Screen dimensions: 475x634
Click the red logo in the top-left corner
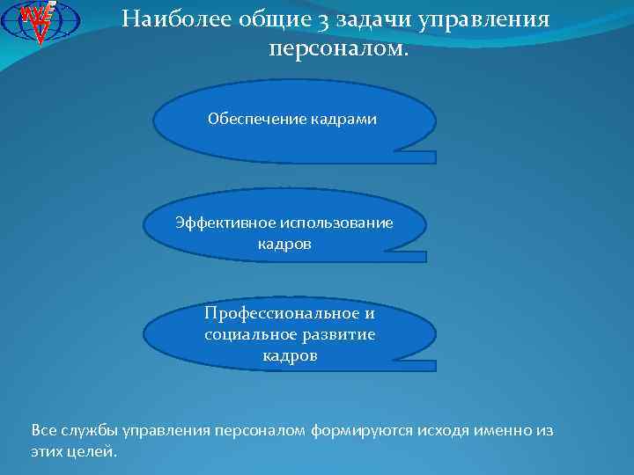pos(41,21)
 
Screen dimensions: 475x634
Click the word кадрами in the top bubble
pos(343,119)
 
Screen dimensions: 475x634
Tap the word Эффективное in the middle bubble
pos(217,223)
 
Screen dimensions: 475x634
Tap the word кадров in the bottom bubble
pos(290,356)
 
